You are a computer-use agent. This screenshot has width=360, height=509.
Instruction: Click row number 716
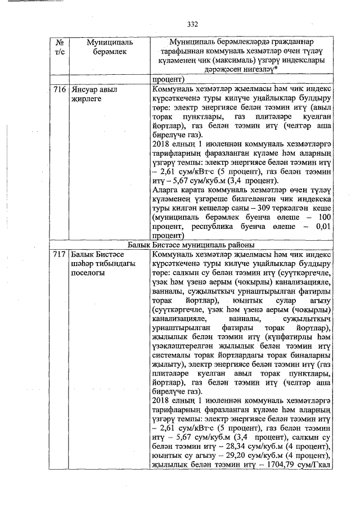click(x=60, y=89)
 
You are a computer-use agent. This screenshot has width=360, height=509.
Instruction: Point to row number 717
click(x=60, y=255)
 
